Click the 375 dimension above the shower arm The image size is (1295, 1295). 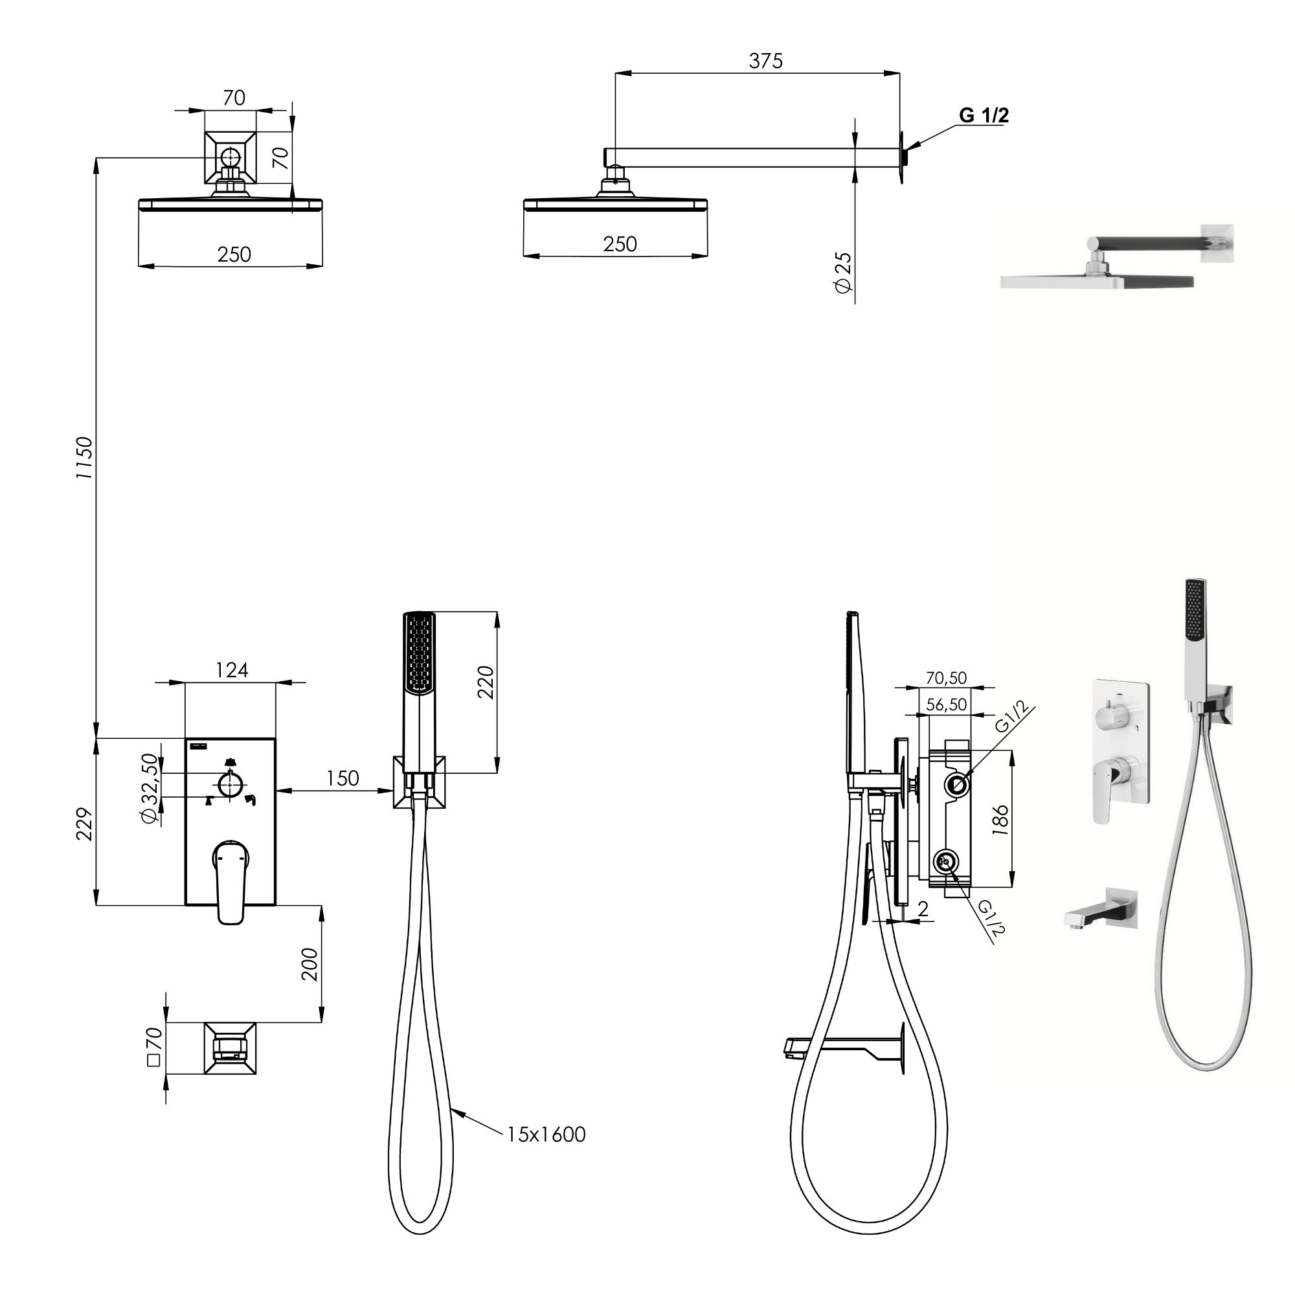click(x=765, y=61)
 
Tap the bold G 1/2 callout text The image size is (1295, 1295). click(x=984, y=115)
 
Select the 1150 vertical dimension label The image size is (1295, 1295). click(x=84, y=458)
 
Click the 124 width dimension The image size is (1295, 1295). click(x=232, y=670)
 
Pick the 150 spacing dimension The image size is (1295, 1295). click(x=343, y=778)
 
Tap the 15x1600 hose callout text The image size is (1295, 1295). click(x=546, y=1135)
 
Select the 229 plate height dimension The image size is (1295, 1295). click(x=84, y=824)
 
